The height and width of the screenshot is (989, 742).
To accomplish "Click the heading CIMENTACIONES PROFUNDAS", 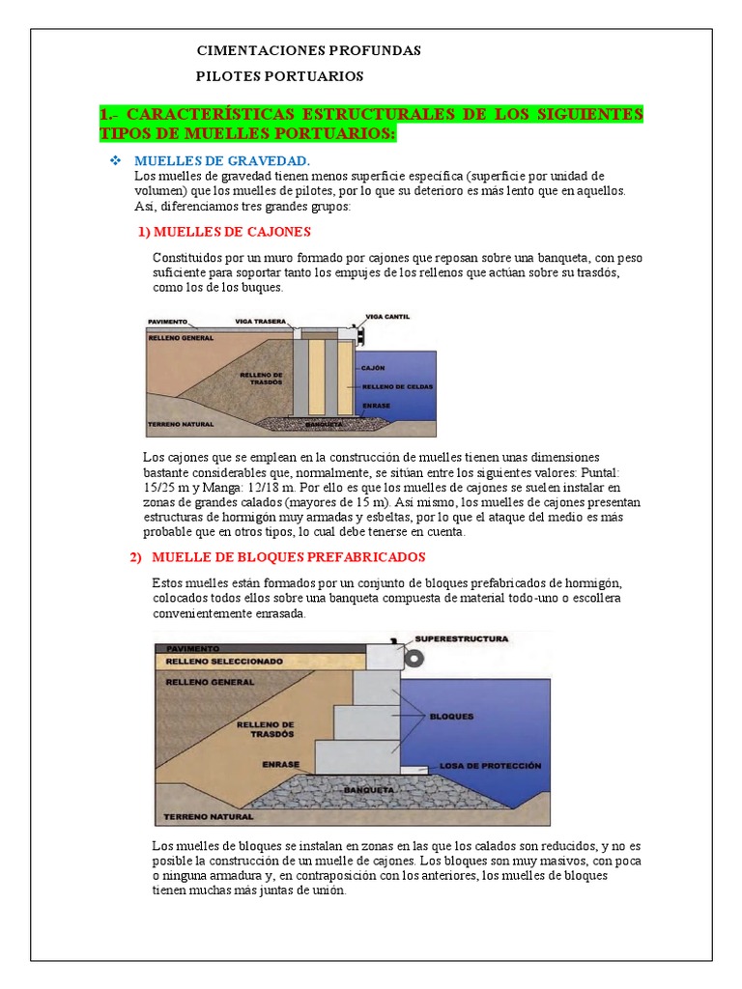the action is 308,50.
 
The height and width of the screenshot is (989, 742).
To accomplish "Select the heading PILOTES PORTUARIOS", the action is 279,76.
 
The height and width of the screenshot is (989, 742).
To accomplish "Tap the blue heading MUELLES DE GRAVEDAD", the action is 222,161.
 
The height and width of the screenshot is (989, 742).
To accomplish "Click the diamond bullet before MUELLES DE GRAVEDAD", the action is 116,161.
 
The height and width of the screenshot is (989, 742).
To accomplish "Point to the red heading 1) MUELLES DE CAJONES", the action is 224,232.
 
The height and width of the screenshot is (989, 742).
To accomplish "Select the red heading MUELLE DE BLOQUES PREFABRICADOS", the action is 288,557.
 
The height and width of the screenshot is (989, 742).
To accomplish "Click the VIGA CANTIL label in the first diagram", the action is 387,317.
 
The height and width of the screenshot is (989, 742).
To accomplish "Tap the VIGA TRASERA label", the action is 261,321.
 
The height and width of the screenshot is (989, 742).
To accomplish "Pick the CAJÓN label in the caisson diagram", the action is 373,368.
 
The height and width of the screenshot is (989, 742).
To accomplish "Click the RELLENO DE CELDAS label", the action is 397,386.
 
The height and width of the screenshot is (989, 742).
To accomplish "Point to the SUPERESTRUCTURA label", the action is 461,639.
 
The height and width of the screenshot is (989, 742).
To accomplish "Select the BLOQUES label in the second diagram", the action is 451,717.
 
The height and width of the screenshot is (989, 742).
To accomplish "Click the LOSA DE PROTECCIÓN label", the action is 490,766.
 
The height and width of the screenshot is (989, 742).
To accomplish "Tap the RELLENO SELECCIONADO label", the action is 224,661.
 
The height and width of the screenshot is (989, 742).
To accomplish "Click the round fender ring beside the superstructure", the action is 414,659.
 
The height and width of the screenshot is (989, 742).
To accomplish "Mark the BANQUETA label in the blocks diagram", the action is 369,790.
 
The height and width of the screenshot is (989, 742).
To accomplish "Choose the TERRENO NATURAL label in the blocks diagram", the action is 209,817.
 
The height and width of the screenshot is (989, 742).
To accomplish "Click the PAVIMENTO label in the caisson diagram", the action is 168,322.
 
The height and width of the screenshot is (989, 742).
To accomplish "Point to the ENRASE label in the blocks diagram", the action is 281,765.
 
